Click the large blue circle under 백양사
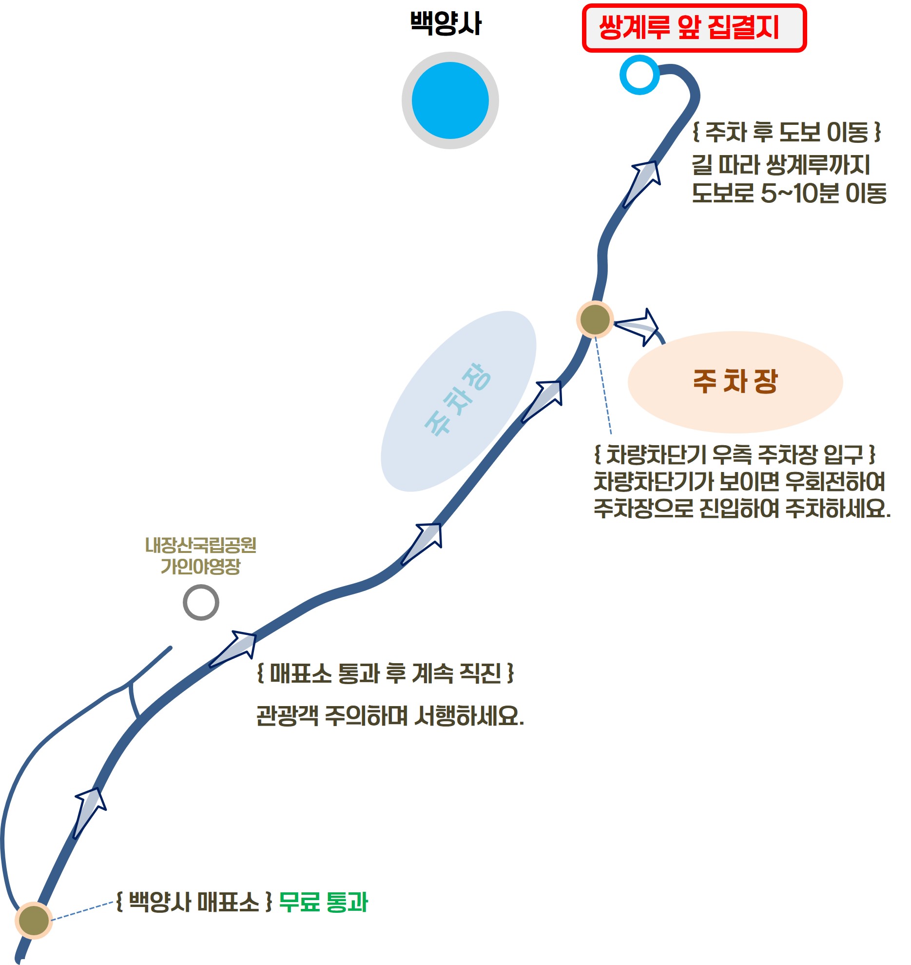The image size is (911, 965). [450, 100]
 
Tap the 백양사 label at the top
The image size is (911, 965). [446, 23]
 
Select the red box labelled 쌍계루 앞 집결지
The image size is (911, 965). [694, 28]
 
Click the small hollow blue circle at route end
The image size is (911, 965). [640, 75]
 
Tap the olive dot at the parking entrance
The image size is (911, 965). [595, 319]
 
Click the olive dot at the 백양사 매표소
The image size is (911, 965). [33, 920]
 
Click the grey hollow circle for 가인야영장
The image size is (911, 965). [201, 603]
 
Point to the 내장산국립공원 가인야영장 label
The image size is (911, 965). [200, 556]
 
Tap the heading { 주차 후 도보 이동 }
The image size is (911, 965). [787, 132]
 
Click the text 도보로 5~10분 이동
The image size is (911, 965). [789, 194]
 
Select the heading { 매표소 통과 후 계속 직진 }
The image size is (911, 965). [386, 673]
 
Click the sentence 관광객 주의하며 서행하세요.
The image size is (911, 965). [390, 716]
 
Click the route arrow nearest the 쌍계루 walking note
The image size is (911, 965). [642, 183]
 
